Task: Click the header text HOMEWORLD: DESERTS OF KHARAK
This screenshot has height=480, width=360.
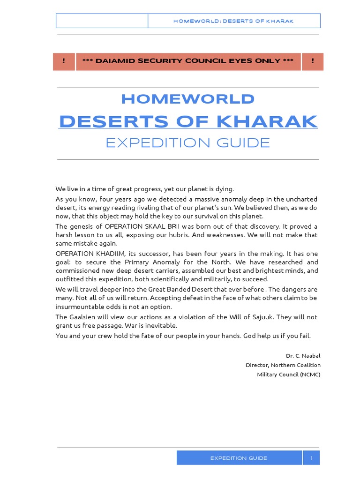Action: [233, 21]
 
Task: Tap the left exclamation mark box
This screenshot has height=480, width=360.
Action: [64, 61]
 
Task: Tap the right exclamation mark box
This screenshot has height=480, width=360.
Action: [312, 61]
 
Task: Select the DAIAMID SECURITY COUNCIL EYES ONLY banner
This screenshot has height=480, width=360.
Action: [188, 61]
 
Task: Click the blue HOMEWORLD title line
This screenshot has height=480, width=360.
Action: [188, 99]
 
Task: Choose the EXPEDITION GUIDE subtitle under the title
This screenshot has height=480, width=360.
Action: [188, 142]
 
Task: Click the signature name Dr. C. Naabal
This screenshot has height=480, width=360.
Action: [303, 356]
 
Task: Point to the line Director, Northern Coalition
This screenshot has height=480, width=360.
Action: [283, 365]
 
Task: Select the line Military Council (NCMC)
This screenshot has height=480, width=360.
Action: [289, 374]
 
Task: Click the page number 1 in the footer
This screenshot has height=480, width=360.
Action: [311, 458]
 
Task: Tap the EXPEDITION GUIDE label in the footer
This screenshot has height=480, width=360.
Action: [239, 458]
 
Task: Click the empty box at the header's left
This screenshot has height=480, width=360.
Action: [102, 21]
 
